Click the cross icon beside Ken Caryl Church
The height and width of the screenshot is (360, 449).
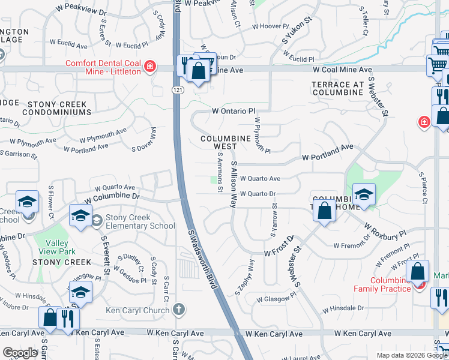click(178, 310)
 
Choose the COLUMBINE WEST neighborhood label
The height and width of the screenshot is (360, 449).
click(225, 142)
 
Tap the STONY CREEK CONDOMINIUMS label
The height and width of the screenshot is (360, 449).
click(58, 108)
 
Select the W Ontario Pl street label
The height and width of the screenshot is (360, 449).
click(234, 111)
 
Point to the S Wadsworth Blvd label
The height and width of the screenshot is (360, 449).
click(202, 259)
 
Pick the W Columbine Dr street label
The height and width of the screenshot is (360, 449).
click(112, 197)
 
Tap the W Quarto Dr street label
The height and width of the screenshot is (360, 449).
click(257, 194)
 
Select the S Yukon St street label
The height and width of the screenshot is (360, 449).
click(298, 33)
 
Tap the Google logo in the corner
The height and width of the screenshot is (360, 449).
click(20, 353)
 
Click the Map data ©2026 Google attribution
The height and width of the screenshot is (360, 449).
click(410, 355)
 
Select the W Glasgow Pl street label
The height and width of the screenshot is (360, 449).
click(276, 298)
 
